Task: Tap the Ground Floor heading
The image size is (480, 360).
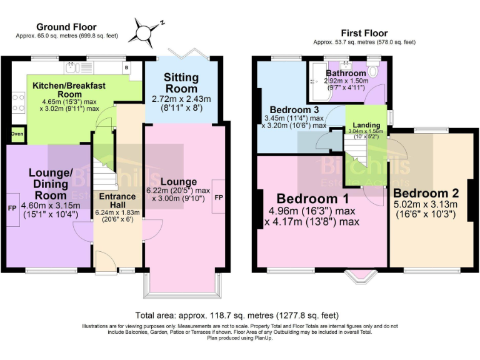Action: [66, 27]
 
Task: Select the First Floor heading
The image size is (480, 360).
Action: [364, 33]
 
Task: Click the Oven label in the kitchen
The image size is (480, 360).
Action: [17, 133]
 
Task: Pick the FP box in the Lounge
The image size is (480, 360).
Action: [219, 197]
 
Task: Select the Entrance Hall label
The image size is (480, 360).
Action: [118, 201]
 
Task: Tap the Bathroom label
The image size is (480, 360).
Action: [346, 73]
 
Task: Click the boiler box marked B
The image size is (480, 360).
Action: [127, 67]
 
